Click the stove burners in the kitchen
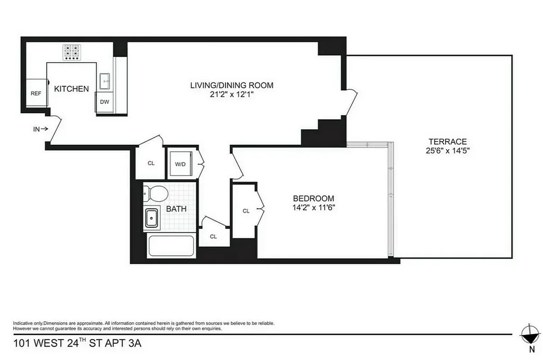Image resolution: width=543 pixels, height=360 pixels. pyautogui.click(x=72, y=52)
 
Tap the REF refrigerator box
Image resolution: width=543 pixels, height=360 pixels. pyautogui.click(x=36, y=93)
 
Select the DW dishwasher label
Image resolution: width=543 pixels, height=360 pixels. pyautogui.click(x=104, y=102)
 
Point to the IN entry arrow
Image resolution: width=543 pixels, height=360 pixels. pyautogui.click(x=41, y=129)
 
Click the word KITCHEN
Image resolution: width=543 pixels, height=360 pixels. pyautogui.click(x=72, y=89)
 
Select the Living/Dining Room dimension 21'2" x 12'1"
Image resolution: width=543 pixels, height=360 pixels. pyautogui.click(x=231, y=95)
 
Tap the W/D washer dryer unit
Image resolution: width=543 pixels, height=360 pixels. pyautogui.click(x=180, y=164)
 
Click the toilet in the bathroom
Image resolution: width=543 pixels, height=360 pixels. pyautogui.click(x=156, y=194)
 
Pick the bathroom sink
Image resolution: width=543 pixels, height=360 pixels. pyautogui.click(x=152, y=218)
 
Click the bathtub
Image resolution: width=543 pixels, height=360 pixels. pyautogui.click(x=171, y=246)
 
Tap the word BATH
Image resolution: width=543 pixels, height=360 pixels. pyautogui.click(x=176, y=209)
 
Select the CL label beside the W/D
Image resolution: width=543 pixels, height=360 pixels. pyautogui.click(x=151, y=163)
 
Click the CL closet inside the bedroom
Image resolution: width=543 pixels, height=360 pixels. pyautogui.click(x=246, y=211)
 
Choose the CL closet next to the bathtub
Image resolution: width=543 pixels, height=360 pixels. pyautogui.click(x=213, y=236)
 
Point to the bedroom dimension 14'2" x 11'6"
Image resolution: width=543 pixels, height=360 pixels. pyautogui.click(x=313, y=207)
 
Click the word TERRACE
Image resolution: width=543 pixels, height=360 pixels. pyautogui.click(x=447, y=141)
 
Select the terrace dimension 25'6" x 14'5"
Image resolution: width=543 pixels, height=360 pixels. pyautogui.click(x=447, y=151)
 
